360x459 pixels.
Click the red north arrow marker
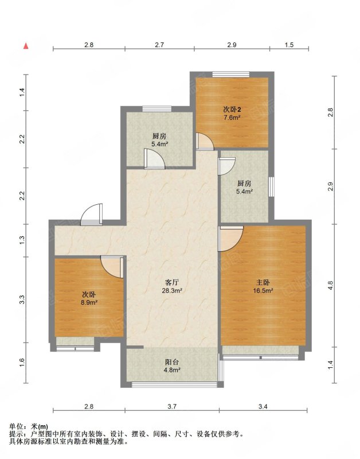(x=26, y=46)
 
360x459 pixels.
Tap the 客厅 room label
(x=172, y=283)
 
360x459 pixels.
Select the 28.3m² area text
(x=172, y=291)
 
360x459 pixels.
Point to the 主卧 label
(x=263, y=283)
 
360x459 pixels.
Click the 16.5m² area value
(x=263, y=291)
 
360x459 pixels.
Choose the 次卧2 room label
(x=232, y=110)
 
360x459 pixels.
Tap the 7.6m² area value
(x=232, y=118)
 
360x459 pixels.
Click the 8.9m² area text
(x=89, y=303)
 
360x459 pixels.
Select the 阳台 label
(x=172, y=362)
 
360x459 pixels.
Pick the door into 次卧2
(x=205, y=142)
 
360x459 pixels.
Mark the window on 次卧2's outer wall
(x=231, y=75)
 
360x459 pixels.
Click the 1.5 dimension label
(x=289, y=45)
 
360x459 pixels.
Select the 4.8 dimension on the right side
(x=330, y=286)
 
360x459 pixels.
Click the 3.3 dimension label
(x=22, y=299)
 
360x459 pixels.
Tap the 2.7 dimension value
(x=159, y=45)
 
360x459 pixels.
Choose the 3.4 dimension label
(x=263, y=406)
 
